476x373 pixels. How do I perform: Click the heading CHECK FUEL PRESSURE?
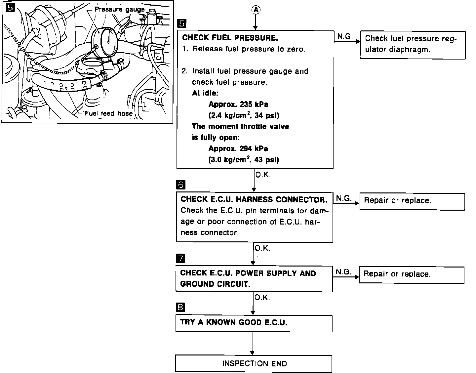tap(230, 38)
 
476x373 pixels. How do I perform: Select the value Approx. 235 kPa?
tap(238, 104)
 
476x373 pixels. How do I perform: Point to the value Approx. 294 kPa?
tap(238, 149)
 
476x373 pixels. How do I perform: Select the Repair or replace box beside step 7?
tap(412, 275)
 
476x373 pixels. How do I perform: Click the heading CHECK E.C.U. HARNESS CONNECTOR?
tap(254, 199)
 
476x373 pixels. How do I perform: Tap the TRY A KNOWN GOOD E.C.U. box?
tap(254, 323)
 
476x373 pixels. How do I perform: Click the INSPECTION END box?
tap(254, 363)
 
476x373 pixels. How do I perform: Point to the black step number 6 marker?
tap(181, 185)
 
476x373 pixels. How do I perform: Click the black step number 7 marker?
tap(181, 258)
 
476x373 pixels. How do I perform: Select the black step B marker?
tap(181, 308)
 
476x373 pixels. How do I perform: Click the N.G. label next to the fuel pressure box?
tap(344, 37)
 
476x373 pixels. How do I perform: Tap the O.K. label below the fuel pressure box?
tap(263, 175)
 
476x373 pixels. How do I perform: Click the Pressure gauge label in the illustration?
tap(120, 9)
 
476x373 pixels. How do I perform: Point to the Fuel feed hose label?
tap(109, 113)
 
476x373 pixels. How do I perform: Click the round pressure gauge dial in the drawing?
tap(108, 42)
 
